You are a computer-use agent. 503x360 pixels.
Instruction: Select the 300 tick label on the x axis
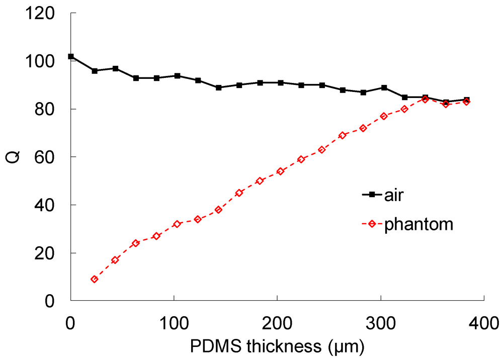click(x=380, y=321)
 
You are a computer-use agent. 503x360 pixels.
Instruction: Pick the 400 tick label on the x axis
click(x=483, y=321)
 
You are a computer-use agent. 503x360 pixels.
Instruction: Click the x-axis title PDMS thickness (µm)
click(x=277, y=346)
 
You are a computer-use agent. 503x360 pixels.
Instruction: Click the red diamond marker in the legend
click(x=372, y=225)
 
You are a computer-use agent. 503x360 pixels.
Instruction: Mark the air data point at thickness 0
click(x=71, y=57)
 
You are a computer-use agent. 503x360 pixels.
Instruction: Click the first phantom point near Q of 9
click(x=94, y=279)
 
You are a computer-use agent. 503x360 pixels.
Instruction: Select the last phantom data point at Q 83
click(x=467, y=102)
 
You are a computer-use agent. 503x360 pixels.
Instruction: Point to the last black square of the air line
click(x=467, y=100)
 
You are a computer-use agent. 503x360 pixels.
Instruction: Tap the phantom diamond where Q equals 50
click(x=260, y=181)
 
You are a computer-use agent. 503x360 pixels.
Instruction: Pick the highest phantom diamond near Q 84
click(x=425, y=100)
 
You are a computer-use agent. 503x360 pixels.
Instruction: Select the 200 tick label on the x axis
click(x=277, y=321)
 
